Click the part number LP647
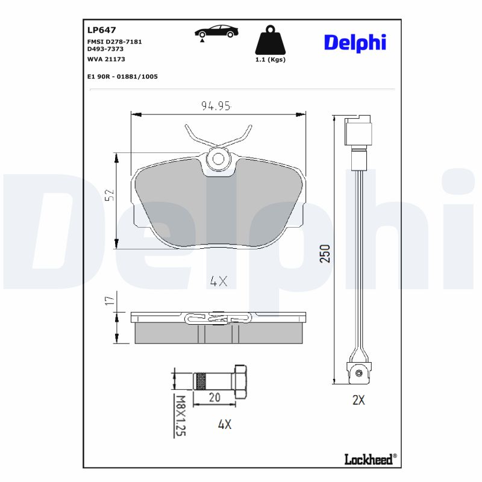click(x=102, y=29)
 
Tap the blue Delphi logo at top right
click(x=355, y=42)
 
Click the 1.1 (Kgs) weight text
click(x=270, y=60)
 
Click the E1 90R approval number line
click(x=122, y=77)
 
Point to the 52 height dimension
click(x=109, y=195)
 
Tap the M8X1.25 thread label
click(x=178, y=415)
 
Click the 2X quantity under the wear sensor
click(x=358, y=400)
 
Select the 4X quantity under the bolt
click(x=224, y=424)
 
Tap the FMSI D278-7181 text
click(x=115, y=42)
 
